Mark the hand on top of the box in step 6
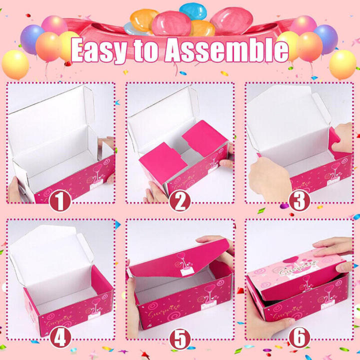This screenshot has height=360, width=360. point(334,247)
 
